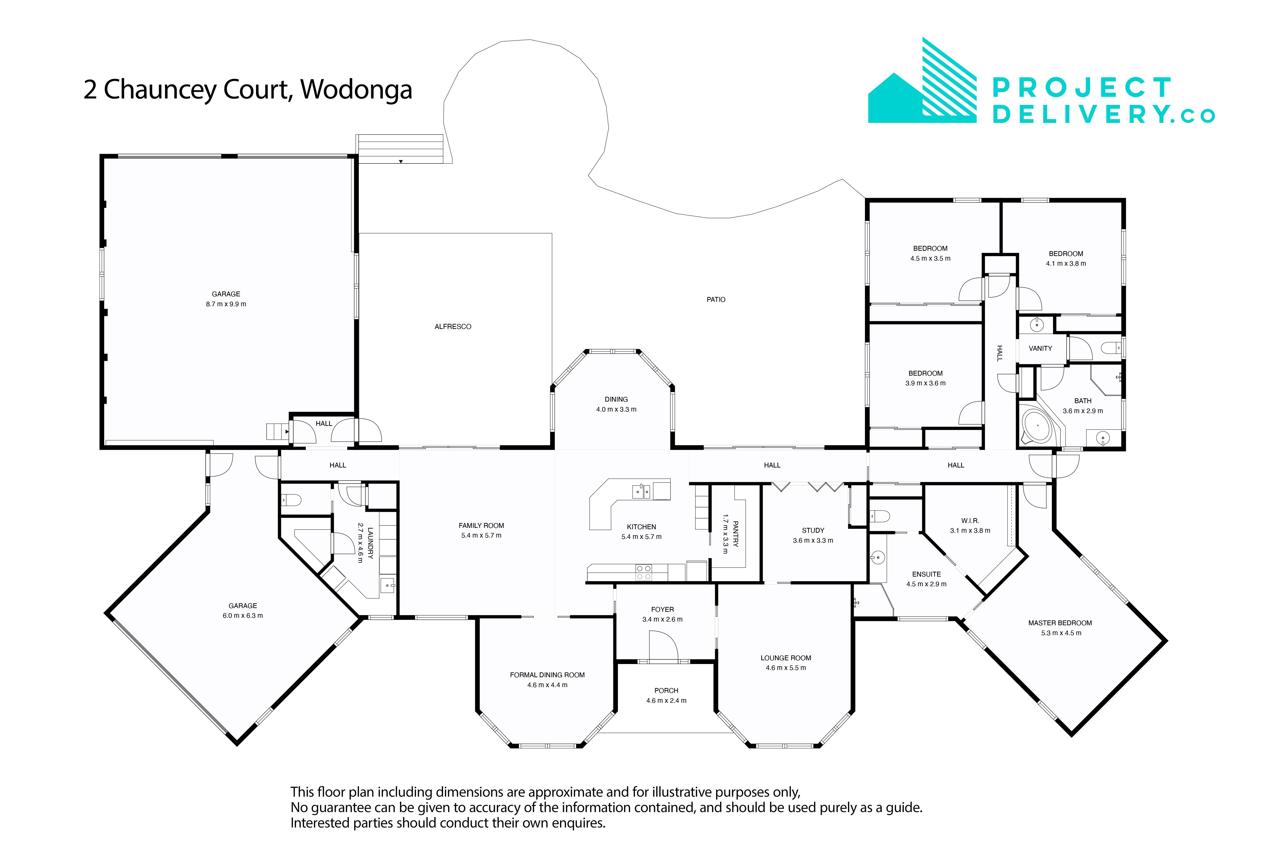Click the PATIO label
(x=716, y=299)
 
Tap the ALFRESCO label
(x=453, y=327)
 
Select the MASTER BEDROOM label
(x=1060, y=623)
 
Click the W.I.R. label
(x=970, y=521)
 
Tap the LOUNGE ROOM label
(x=785, y=658)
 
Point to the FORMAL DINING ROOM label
(x=547, y=675)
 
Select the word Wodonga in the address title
(x=356, y=90)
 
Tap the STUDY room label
(x=813, y=530)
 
